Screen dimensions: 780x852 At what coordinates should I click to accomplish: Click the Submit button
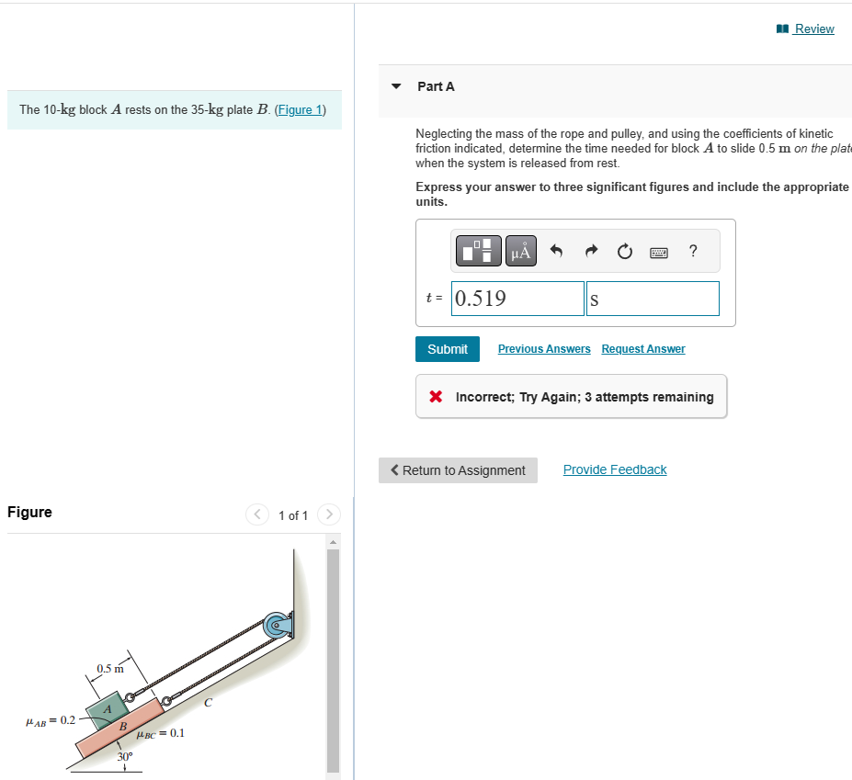[448, 349]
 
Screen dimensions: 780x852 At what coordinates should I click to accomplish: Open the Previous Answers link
[544, 349]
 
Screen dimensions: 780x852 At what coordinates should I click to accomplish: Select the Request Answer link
[642, 349]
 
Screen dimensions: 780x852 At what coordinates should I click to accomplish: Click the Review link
[813, 28]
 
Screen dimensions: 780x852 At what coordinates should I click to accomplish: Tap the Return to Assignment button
[458, 470]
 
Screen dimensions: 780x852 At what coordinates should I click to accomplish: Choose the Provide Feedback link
[614, 469]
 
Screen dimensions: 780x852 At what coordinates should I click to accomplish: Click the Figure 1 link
[301, 109]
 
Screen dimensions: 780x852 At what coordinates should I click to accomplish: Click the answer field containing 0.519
[517, 299]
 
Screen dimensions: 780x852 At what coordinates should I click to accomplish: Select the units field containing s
[653, 299]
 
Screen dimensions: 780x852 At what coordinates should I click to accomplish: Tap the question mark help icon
[693, 251]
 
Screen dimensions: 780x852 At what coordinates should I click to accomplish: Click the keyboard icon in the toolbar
[659, 251]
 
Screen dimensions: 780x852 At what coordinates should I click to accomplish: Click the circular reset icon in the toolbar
[625, 251]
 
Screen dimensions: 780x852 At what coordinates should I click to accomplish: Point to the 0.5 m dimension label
[109, 668]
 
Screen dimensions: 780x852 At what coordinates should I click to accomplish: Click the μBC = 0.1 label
[160, 733]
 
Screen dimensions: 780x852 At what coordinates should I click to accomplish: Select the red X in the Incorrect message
[438, 397]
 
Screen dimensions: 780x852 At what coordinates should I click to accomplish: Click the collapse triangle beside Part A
[396, 86]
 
